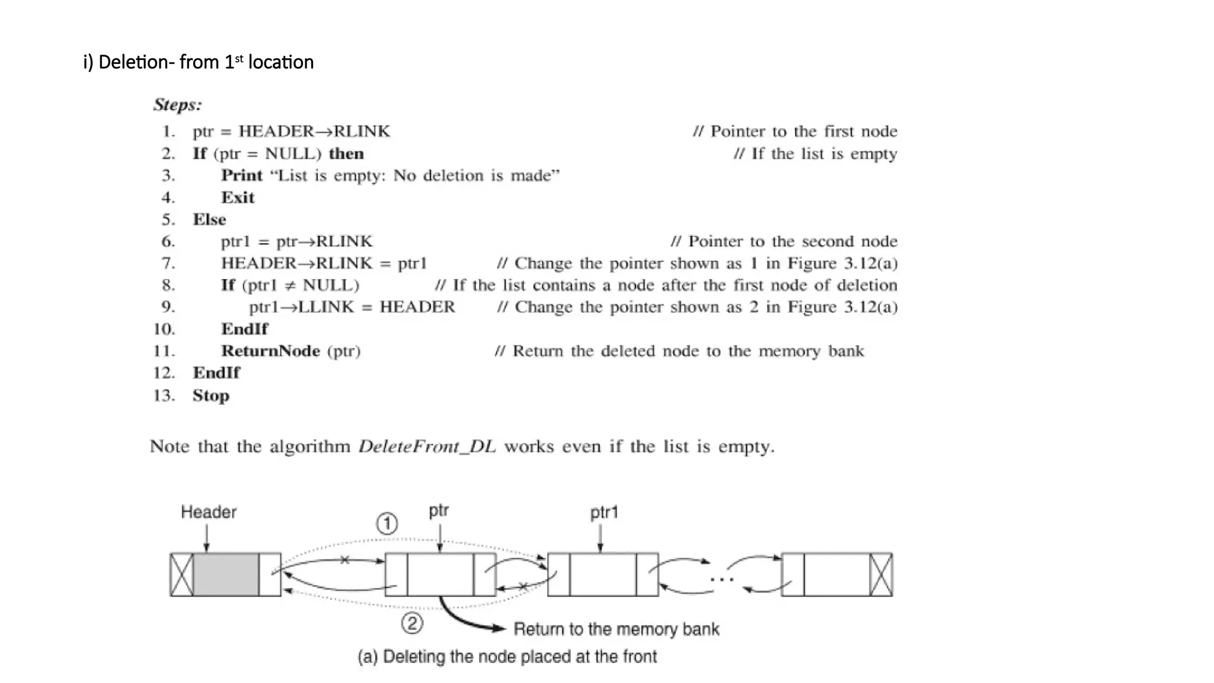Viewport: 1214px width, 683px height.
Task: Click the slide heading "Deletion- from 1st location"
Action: [x=199, y=62]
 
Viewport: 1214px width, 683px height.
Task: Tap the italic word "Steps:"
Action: [x=177, y=105]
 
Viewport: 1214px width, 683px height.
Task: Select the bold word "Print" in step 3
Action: [x=242, y=175]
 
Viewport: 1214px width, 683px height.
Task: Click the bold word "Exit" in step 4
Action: [x=238, y=197]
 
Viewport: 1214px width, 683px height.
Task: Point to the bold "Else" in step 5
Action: [x=209, y=219]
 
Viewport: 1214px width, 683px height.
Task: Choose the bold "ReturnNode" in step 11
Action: [x=270, y=351]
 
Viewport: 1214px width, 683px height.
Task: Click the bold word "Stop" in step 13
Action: [x=211, y=395]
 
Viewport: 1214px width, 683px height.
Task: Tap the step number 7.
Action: [x=168, y=263]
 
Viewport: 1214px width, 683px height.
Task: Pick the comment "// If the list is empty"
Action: [x=815, y=154]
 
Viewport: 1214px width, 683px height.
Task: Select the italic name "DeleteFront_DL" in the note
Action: [x=427, y=446]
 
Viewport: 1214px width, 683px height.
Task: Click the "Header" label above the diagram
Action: [x=208, y=512]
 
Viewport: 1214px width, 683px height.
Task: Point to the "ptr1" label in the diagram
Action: [x=604, y=513]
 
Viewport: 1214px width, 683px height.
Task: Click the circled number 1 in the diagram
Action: [x=387, y=524]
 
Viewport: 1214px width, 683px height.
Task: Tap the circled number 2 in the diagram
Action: [x=412, y=623]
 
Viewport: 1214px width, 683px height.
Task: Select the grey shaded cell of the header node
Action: [x=226, y=575]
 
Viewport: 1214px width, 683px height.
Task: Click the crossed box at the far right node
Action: [x=881, y=575]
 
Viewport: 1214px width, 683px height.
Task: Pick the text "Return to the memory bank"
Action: [x=616, y=629]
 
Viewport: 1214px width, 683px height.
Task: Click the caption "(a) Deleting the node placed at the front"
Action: [x=507, y=657]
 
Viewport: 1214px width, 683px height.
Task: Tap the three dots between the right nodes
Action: [x=721, y=579]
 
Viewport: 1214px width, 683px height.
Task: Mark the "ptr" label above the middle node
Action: [x=439, y=511]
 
